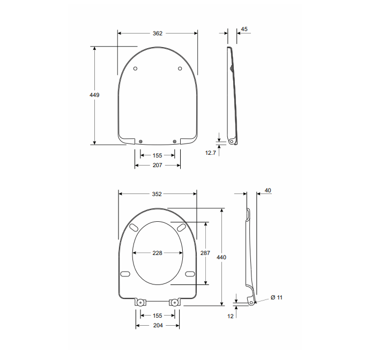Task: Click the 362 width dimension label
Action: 157,33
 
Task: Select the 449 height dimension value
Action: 94,95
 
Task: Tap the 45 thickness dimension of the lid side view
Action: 244,29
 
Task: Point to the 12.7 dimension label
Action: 210,153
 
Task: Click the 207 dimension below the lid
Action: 157,165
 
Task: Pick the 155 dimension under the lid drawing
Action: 157,155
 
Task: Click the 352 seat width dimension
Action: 157,194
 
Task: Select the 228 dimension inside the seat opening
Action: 157,253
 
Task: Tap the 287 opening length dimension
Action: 205,253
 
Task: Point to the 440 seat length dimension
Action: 221,257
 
